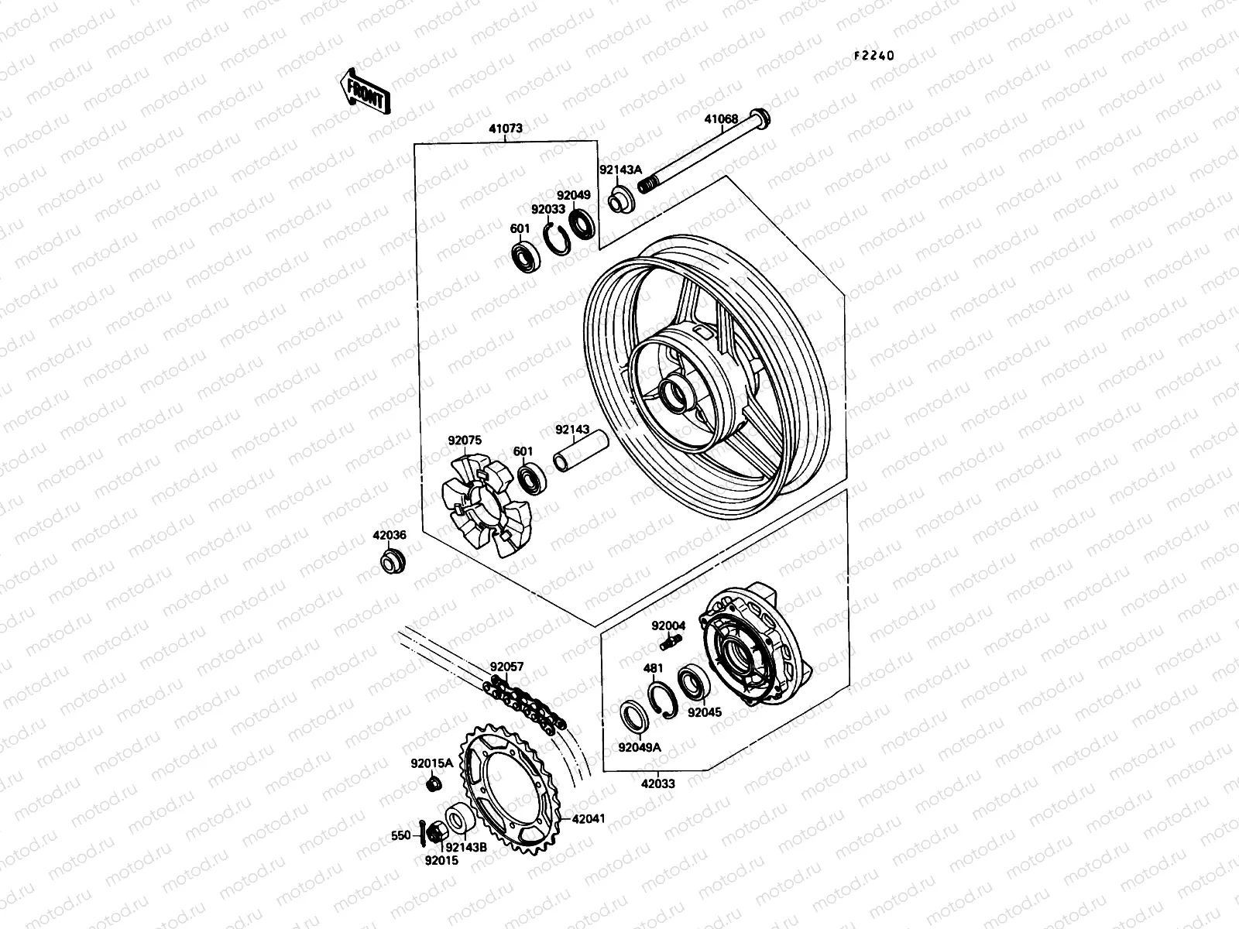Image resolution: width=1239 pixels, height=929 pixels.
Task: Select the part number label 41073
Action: (527, 129)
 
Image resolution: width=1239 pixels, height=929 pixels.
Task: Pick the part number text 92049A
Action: (639, 748)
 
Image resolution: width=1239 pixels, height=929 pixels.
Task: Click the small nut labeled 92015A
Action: (434, 785)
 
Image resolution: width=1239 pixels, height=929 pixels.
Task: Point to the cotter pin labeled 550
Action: (420, 833)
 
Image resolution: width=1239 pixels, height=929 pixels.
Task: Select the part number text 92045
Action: (704, 711)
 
